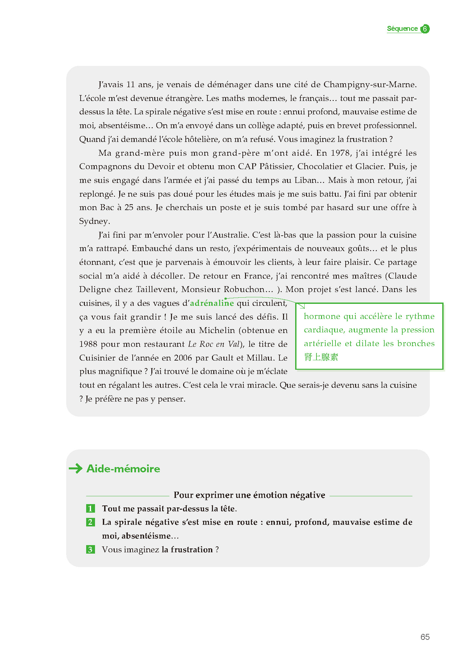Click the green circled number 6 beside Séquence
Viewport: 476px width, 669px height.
point(425,29)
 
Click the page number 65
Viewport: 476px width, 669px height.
point(425,637)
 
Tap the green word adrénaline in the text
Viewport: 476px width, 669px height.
point(212,303)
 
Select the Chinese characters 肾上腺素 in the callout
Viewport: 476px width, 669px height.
point(321,357)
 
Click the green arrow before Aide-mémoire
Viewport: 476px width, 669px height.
point(76,468)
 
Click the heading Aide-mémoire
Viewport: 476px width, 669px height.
point(123,469)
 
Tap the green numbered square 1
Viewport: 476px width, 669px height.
point(90,508)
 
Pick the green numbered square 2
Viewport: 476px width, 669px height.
point(90,522)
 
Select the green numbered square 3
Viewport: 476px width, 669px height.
point(90,549)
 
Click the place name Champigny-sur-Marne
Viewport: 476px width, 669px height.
point(370,85)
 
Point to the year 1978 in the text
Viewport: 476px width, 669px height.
point(340,153)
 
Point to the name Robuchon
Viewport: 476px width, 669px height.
point(244,289)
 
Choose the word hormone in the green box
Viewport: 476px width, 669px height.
point(322,316)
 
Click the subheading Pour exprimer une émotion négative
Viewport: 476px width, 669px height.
point(249,495)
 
